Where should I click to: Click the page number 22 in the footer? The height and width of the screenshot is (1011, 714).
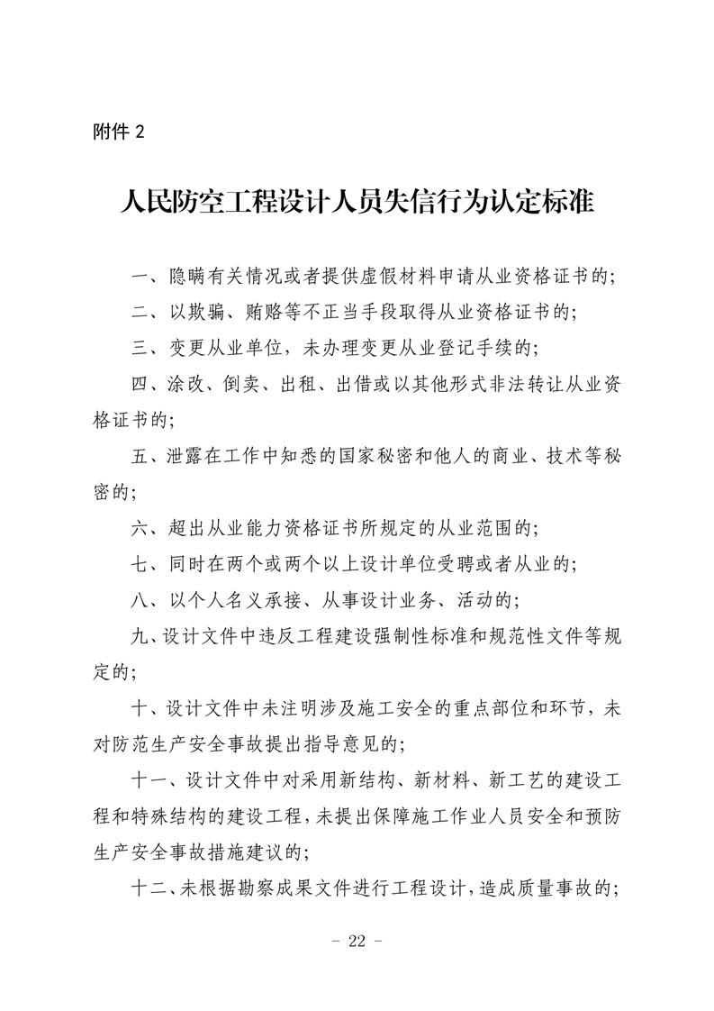click(x=357, y=941)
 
